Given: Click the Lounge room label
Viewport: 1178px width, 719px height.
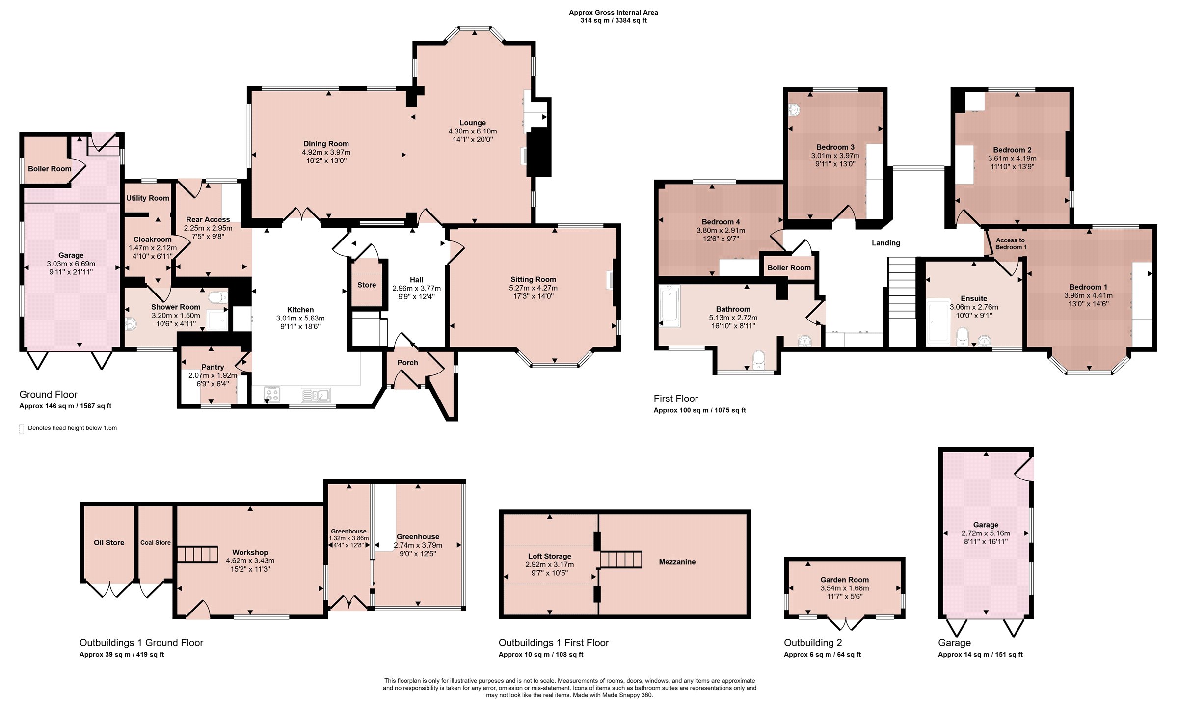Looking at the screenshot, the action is (x=473, y=123).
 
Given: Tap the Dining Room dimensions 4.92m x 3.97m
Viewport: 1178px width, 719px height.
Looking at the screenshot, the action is (x=326, y=152).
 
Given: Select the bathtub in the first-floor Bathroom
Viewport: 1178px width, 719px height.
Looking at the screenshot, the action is (x=669, y=306).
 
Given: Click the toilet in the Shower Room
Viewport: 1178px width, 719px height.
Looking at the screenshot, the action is (x=218, y=297).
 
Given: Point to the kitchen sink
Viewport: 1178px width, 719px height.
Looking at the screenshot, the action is (x=316, y=395).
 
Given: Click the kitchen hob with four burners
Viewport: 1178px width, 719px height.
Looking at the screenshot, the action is (x=272, y=394).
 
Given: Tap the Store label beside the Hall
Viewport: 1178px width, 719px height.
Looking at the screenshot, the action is (x=367, y=285).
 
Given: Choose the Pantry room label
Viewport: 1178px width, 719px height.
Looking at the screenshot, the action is (x=213, y=367).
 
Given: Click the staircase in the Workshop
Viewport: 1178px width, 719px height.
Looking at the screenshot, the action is (x=197, y=554).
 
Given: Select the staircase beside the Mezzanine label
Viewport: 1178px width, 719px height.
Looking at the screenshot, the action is (x=621, y=559).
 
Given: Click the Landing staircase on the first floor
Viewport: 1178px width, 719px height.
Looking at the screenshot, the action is (x=902, y=302).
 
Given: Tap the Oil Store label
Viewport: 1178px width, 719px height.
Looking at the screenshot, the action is (x=109, y=542).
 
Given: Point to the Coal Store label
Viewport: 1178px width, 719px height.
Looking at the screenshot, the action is (x=156, y=542).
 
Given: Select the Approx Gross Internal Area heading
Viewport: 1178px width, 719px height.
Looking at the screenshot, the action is (x=614, y=12).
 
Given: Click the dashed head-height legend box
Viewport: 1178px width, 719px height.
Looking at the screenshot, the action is (x=21, y=429).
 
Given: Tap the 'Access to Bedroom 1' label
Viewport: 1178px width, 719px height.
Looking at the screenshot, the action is (x=1010, y=243).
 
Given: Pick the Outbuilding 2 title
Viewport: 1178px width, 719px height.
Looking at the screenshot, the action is (x=813, y=643).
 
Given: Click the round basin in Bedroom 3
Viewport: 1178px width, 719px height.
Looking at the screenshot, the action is (x=794, y=110).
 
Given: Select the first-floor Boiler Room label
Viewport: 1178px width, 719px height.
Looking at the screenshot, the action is (x=789, y=267).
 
